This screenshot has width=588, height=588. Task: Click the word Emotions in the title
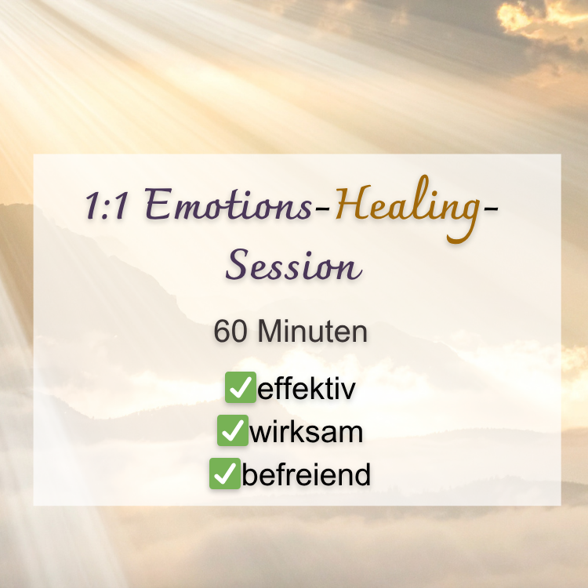[x=228, y=205]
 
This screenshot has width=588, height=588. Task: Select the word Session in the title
[x=294, y=264]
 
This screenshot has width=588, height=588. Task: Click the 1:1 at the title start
[x=107, y=205]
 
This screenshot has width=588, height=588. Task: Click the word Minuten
[x=312, y=331]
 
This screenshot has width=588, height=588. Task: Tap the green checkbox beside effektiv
[x=241, y=387]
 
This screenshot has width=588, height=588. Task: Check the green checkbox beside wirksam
[x=233, y=430]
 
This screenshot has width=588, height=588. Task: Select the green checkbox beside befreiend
[x=225, y=474]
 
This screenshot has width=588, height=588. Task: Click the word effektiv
[x=307, y=389]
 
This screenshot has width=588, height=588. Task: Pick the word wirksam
[x=306, y=432]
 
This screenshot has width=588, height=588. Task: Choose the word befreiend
[x=306, y=474]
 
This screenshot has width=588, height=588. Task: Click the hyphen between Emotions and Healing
[x=322, y=214]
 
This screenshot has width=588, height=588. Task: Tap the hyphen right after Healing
[x=491, y=214]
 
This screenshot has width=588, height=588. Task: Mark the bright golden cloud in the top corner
[x=540, y=15]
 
